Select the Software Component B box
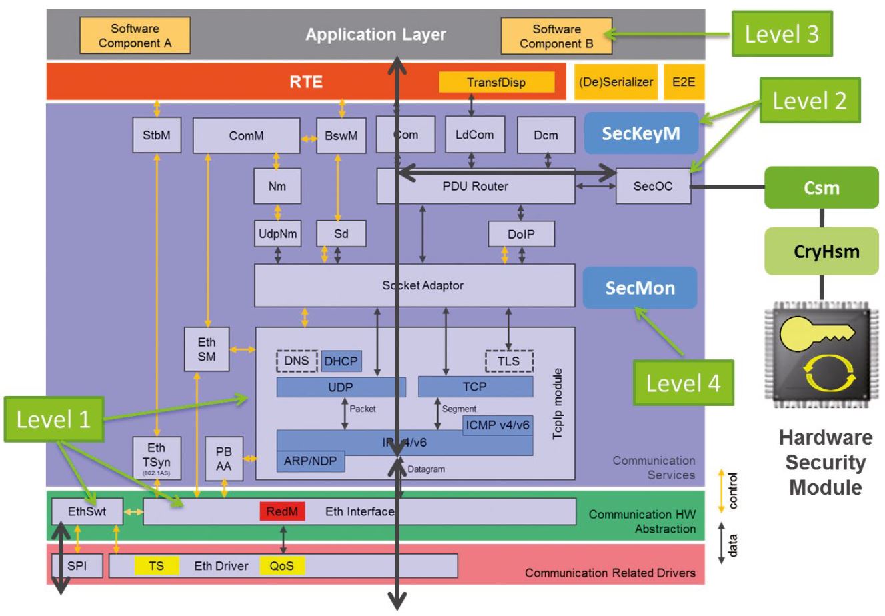[x=556, y=36]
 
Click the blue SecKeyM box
[x=640, y=133]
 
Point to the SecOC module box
[x=652, y=186]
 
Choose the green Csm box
[x=821, y=187]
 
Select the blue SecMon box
[x=640, y=288]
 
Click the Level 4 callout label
[x=683, y=383]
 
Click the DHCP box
[x=341, y=361]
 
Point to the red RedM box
[x=283, y=511]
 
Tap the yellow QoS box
[x=282, y=565]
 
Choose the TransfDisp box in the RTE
[x=496, y=82]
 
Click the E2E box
[x=683, y=82]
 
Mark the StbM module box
[x=157, y=135]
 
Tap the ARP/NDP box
[x=310, y=461]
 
